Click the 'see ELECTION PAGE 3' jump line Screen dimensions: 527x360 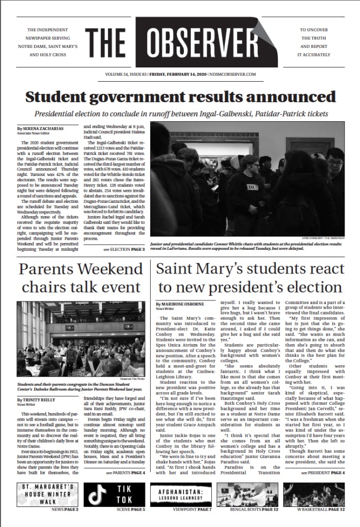[x=123, y=248]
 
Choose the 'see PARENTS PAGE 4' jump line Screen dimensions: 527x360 [x=124, y=472]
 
